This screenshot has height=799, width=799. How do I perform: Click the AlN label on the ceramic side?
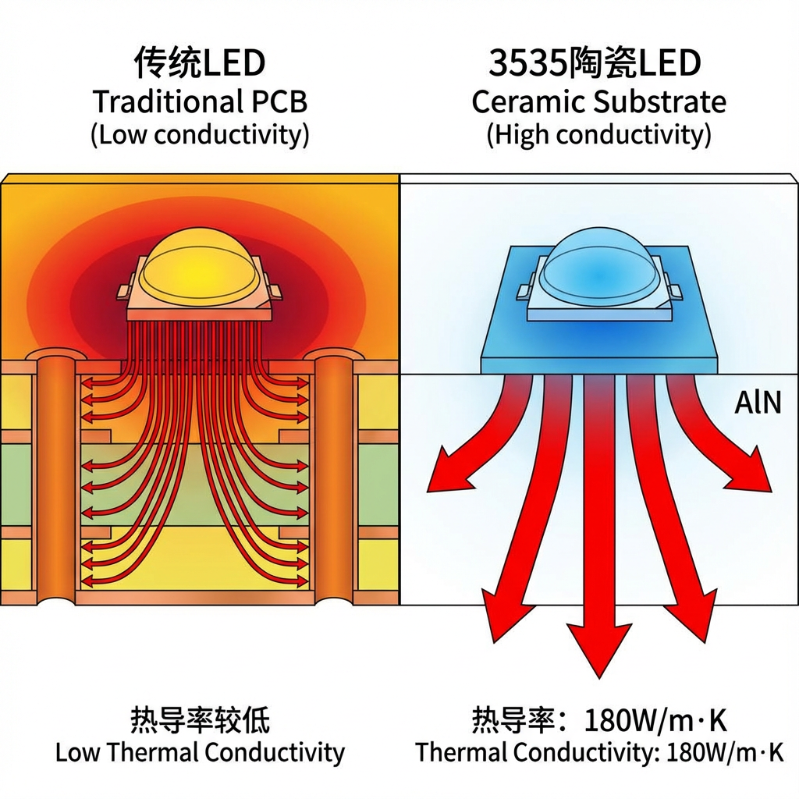tap(757, 403)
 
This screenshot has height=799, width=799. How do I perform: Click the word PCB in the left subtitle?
tap(277, 102)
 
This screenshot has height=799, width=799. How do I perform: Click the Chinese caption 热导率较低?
tap(200, 719)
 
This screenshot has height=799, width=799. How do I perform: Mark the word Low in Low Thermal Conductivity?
tap(77, 753)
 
